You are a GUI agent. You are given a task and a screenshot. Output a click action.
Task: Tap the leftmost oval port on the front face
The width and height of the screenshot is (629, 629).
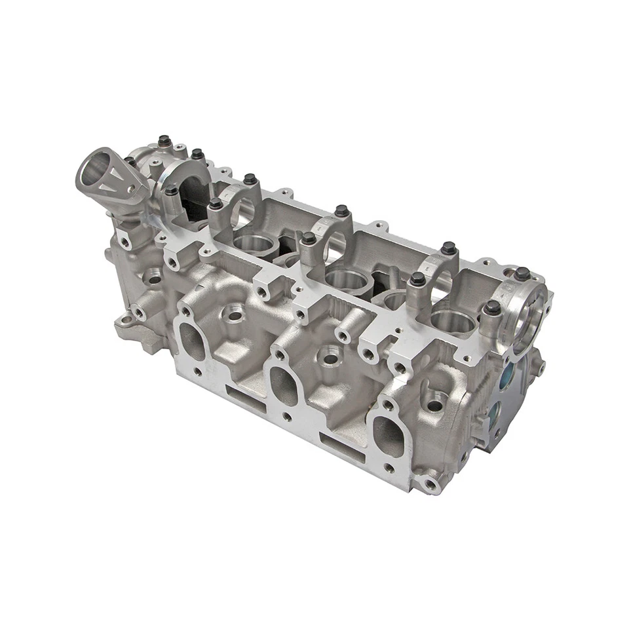(192, 341)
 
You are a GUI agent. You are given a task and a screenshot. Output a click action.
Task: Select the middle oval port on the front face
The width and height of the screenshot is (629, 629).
(283, 383)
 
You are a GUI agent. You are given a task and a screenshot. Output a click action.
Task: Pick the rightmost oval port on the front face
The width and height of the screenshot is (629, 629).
(390, 434)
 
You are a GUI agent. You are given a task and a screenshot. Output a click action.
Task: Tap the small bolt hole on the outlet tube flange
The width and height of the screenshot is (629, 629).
(132, 189)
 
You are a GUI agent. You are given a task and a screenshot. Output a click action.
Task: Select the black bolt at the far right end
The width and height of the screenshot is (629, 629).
(522, 273)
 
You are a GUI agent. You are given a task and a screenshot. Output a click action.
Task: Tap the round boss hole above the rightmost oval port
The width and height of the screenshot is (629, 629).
(433, 406)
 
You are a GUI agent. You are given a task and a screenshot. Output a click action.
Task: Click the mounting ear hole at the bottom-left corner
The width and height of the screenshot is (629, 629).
(125, 321)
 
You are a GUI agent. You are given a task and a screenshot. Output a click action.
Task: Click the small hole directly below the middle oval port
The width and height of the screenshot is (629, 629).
(286, 416)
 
